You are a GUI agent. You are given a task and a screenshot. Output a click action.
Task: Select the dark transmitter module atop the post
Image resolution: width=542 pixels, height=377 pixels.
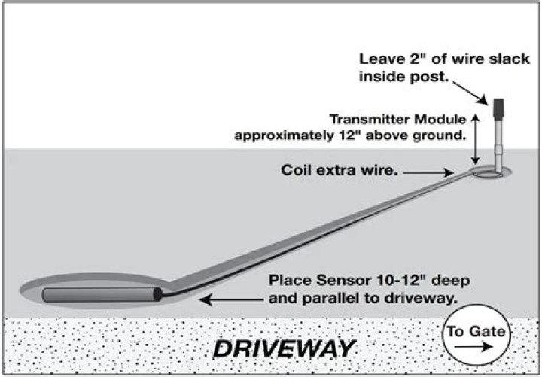coord(498,111)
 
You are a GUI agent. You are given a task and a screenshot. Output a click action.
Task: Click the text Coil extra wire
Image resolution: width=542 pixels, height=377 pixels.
coord(339,171)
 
